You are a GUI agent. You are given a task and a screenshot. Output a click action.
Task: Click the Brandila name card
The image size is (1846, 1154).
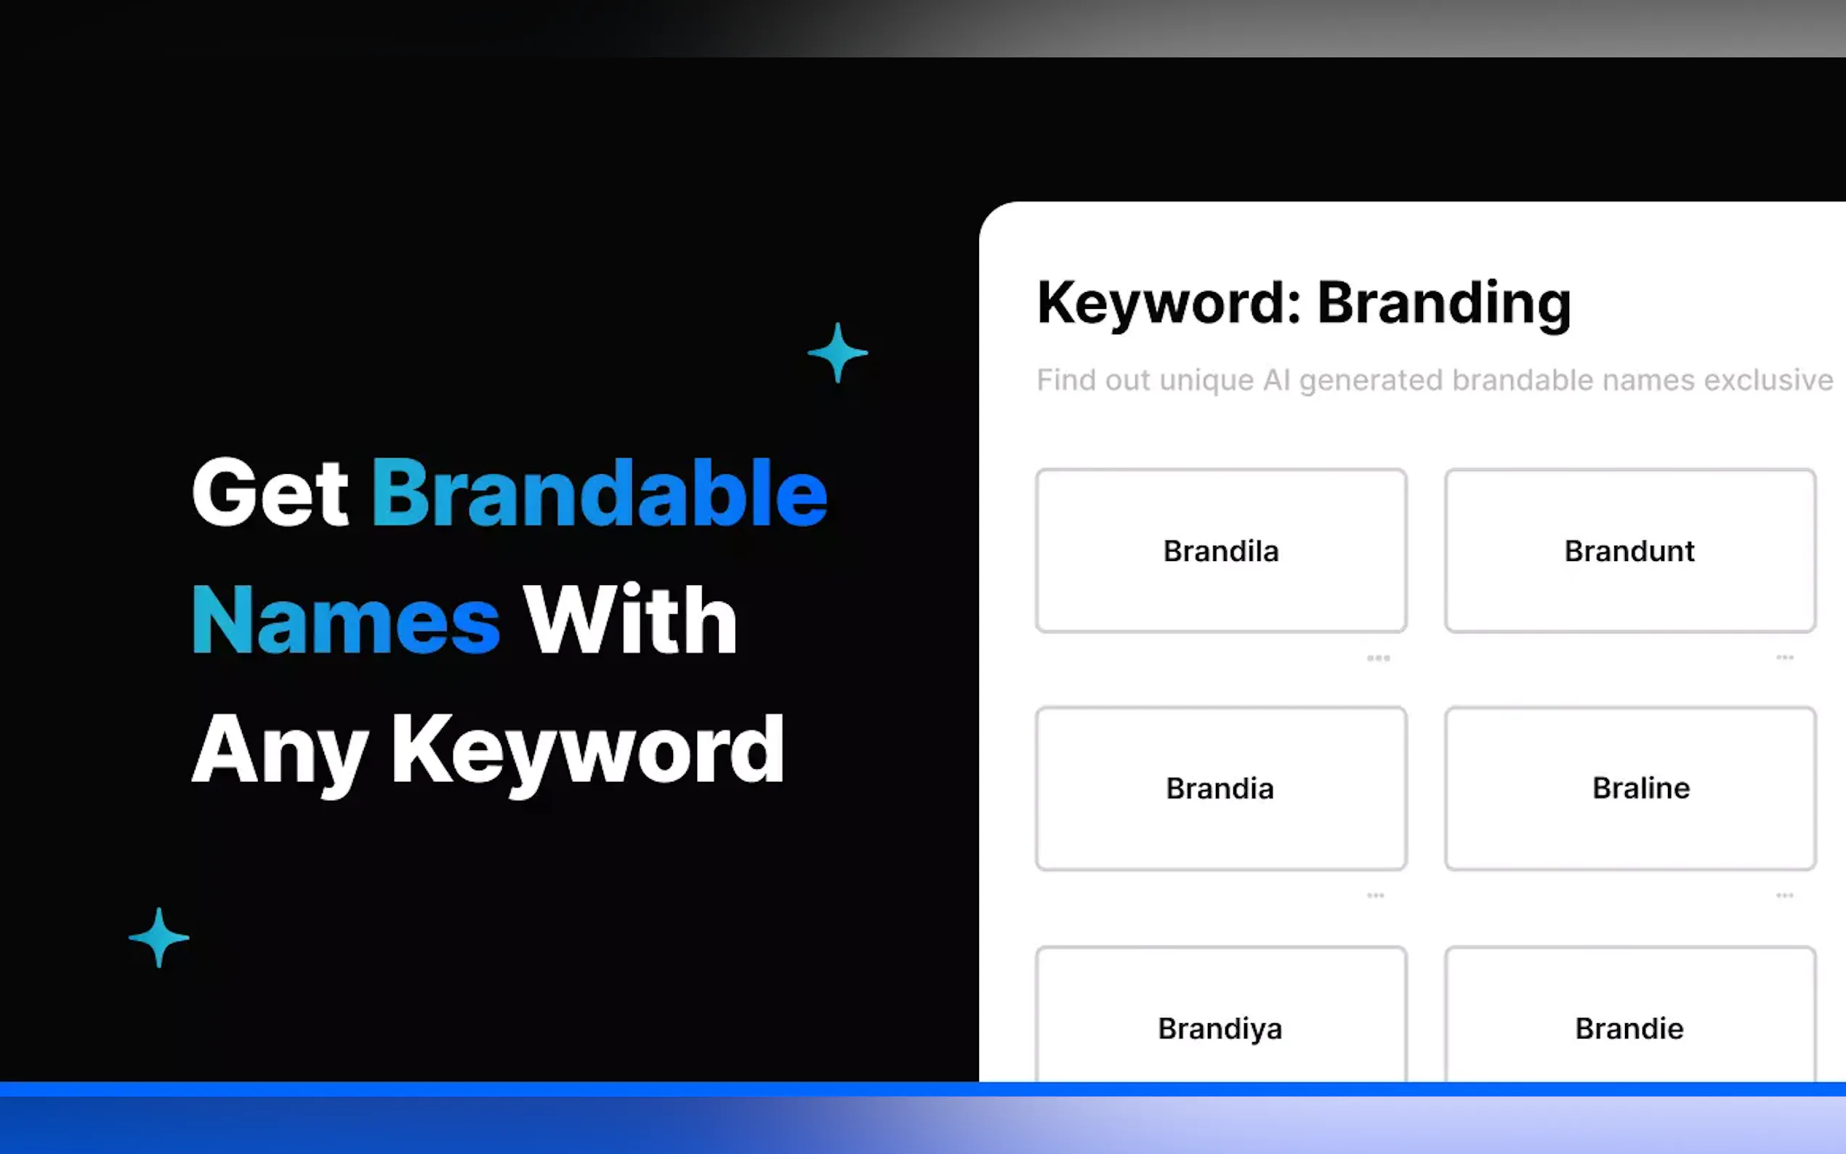click(x=1220, y=550)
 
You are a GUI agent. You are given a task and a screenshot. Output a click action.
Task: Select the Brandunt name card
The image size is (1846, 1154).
click(x=1629, y=550)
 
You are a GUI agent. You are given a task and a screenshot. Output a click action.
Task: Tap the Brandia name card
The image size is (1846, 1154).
click(x=1220, y=788)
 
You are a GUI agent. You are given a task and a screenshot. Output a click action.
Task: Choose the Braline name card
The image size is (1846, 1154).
click(x=1629, y=788)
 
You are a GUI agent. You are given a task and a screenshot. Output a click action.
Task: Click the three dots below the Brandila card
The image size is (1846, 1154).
click(x=1378, y=658)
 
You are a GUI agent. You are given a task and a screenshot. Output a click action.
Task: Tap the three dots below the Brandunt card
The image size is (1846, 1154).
click(x=1784, y=657)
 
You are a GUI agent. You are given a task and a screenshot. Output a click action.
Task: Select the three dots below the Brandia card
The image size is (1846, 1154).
click(x=1375, y=895)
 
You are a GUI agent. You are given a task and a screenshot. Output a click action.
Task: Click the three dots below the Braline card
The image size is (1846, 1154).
click(x=1784, y=895)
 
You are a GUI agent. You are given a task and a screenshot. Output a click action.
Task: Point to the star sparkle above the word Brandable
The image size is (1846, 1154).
click(x=837, y=352)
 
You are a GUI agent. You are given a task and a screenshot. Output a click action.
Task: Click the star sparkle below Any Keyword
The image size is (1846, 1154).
click(x=158, y=938)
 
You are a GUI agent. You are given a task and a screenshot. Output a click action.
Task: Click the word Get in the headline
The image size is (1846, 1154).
click(x=270, y=492)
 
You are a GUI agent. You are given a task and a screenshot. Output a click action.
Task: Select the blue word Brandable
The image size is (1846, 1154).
click(x=599, y=492)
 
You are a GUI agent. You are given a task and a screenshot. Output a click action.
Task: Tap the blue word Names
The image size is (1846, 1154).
click(x=346, y=620)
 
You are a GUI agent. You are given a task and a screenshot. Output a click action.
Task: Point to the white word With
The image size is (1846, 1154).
click(x=629, y=620)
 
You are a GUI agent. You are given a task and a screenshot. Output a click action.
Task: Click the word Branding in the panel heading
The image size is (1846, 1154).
click(x=1443, y=304)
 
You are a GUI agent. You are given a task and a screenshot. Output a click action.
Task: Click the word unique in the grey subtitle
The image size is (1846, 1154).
click(x=1206, y=380)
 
